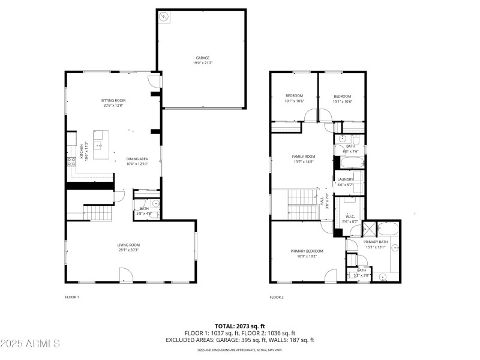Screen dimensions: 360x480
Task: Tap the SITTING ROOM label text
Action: (x=113, y=103)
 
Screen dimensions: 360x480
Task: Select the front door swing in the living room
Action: (x=126, y=275)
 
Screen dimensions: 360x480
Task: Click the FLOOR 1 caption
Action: (x=72, y=297)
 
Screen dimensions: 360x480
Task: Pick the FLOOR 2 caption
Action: (x=277, y=297)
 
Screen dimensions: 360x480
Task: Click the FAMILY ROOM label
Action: (x=303, y=158)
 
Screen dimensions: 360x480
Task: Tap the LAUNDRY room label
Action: (x=345, y=181)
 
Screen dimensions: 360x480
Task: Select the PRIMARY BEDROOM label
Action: (x=307, y=253)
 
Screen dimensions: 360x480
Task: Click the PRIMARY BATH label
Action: (x=376, y=244)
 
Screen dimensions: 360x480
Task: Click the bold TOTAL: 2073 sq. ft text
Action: (x=240, y=326)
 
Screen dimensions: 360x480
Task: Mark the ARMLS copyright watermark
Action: (x=30, y=344)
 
